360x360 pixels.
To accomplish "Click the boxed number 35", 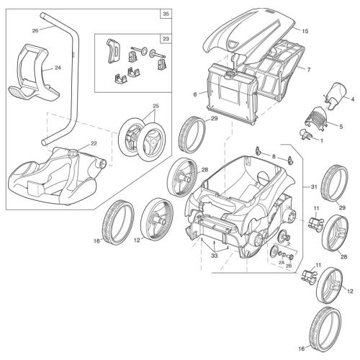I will click(x=166, y=14).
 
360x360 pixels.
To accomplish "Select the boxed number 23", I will click(x=166, y=40).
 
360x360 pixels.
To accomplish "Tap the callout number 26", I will click(x=35, y=30).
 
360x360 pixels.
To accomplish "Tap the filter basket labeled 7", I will click(x=277, y=72).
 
